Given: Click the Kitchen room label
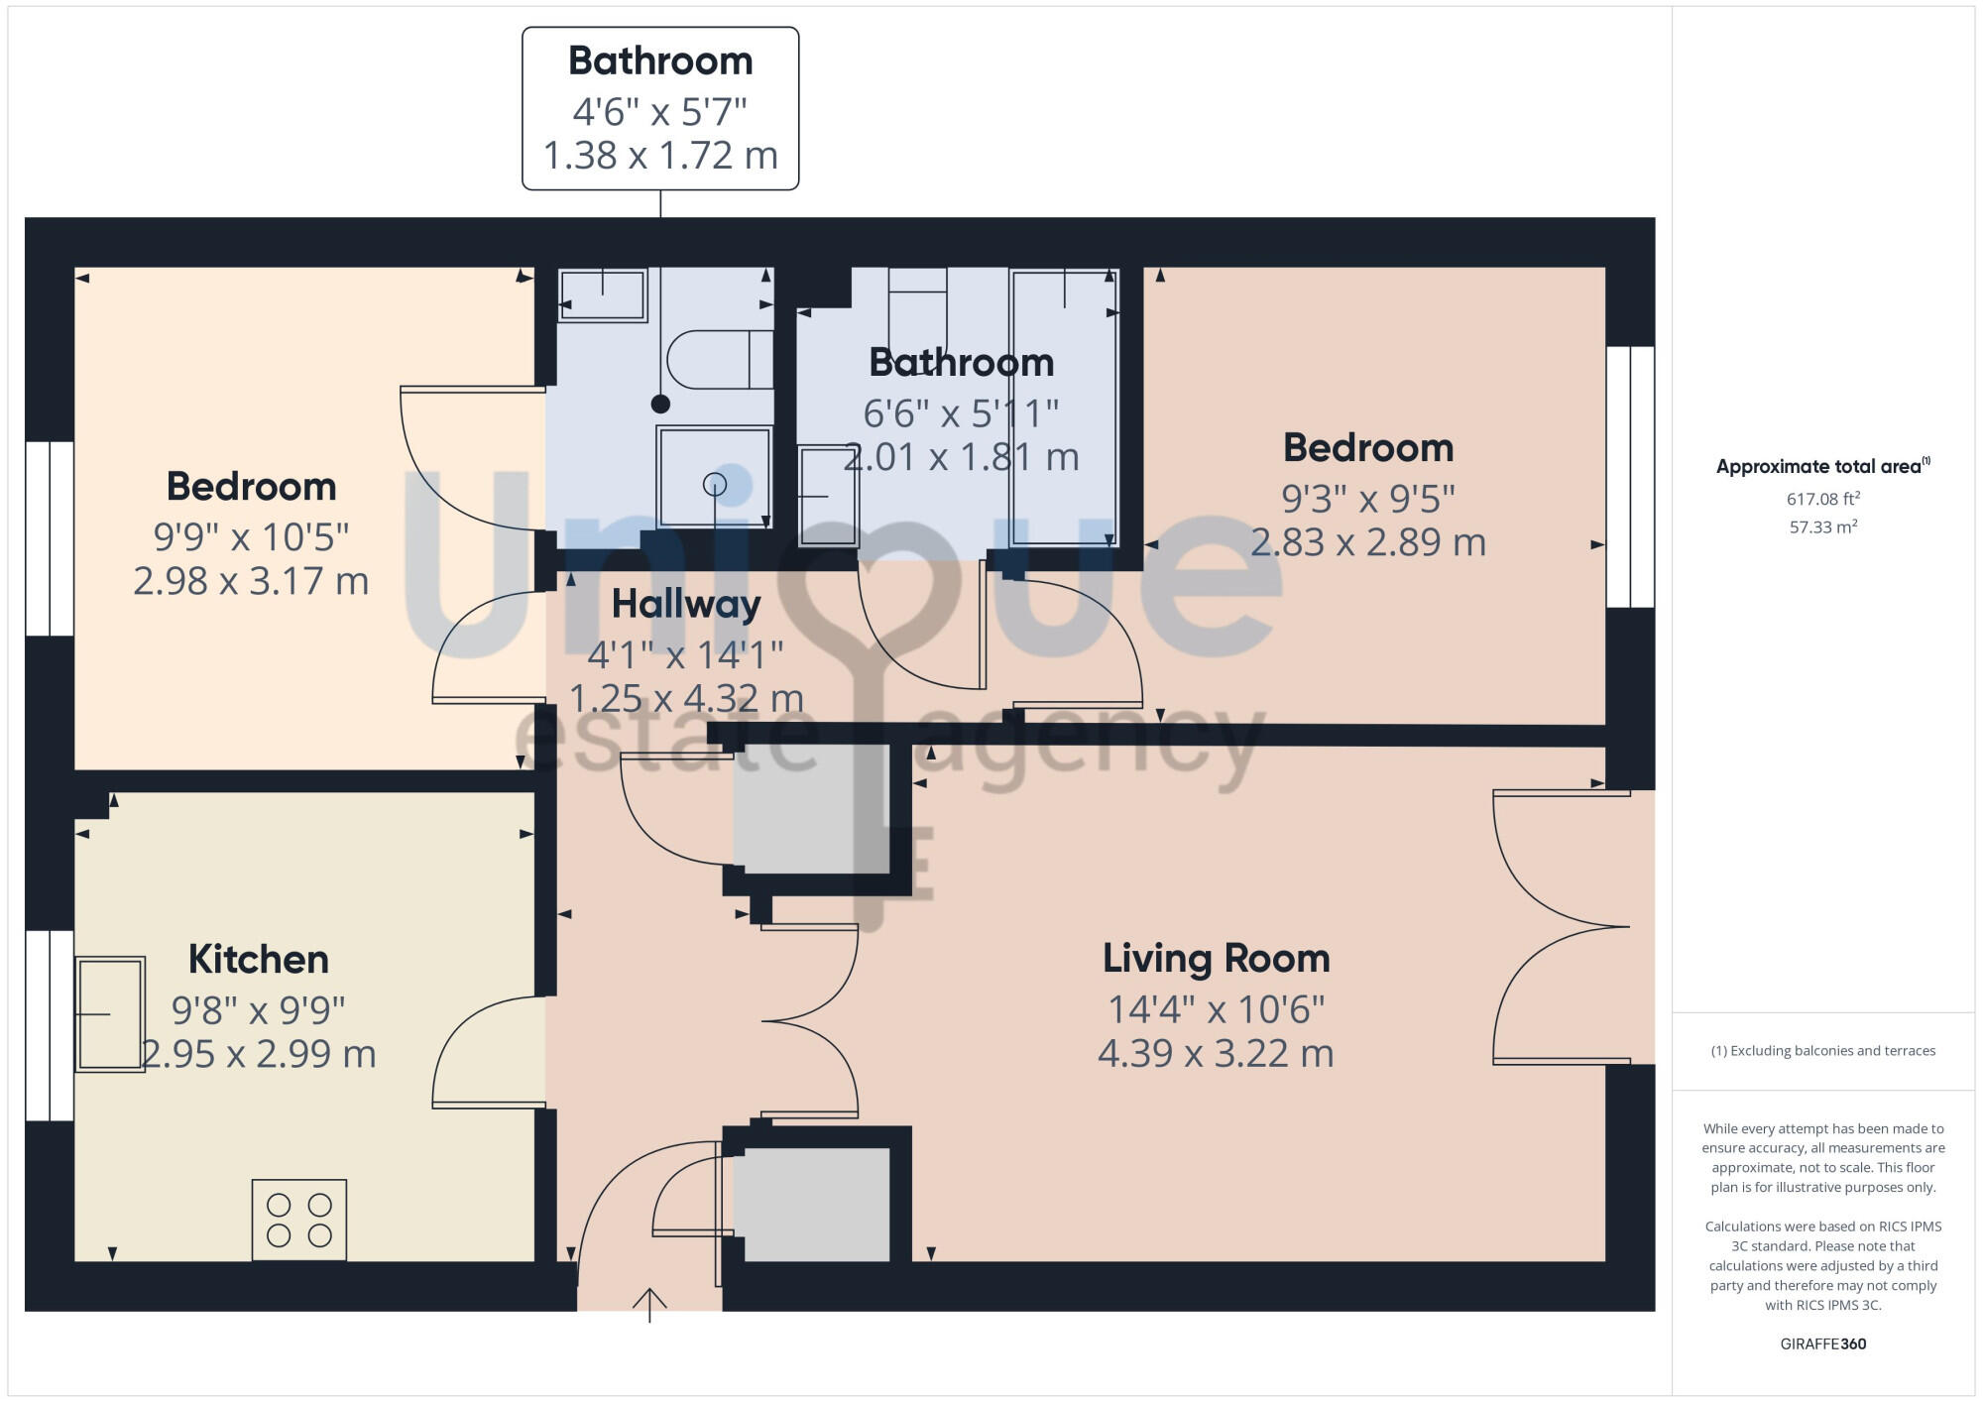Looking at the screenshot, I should (x=258, y=960).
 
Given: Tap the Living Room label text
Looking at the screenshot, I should (x=1216, y=959).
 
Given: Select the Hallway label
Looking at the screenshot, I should (x=685, y=604).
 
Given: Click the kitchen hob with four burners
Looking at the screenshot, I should (x=298, y=1220).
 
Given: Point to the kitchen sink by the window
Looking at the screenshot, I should (x=109, y=1013).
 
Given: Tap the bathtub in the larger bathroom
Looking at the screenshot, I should (x=1064, y=407).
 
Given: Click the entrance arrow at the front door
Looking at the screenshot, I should (x=649, y=1303).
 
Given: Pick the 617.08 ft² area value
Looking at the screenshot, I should (x=1822, y=499).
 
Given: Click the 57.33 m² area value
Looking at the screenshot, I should (x=1822, y=527).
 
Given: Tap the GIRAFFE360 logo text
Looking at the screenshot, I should (x=1822, y=1344).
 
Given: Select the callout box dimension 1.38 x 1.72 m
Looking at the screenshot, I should (x=660, y=156).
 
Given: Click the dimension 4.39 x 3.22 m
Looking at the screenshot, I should (x=1216, y=1053).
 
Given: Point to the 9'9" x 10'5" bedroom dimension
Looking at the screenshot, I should (x=251, y=536).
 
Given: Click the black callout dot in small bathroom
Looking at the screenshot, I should (x=660, y=404).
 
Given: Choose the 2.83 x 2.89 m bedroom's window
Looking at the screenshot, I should (x=1630, y=477).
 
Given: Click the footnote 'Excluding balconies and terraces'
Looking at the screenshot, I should (x=1822, y=1051).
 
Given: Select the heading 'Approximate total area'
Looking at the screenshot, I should (x=1819, y=467).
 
